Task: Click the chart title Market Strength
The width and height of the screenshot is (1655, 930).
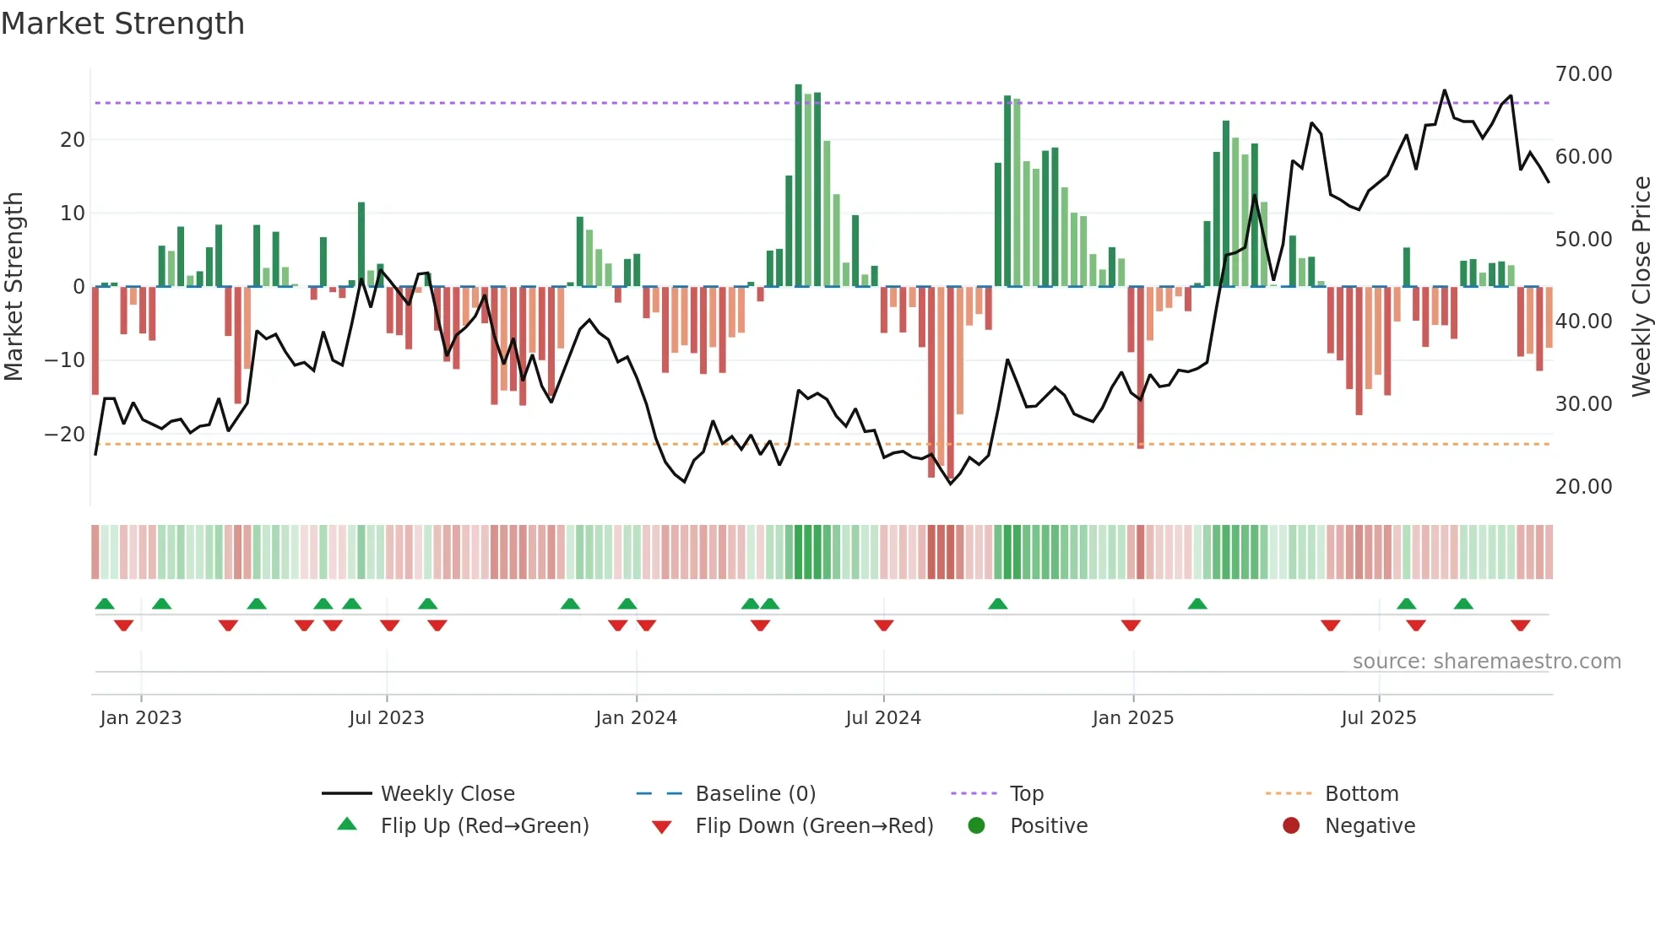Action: coord(122,24)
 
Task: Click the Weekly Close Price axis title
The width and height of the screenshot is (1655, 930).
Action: coord(1641,287)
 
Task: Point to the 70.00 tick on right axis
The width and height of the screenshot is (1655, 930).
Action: coord(1583,74)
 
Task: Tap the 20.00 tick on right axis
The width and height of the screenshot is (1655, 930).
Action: coord(1583,487)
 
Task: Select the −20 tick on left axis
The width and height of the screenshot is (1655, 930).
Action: coord(64,435)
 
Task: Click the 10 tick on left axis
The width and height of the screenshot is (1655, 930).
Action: coord(73,214)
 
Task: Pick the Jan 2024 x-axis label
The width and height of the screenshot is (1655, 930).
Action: coord(636,718)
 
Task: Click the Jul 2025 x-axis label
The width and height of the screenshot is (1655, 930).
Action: coord(1378,718)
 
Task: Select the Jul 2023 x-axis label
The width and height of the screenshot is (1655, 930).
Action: coord(386,718)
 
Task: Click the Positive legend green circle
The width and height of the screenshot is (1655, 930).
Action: coord(976,826)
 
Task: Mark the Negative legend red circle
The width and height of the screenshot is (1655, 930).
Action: coord(1291,826)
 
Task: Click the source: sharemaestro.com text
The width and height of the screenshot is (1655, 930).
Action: coord(1486,662)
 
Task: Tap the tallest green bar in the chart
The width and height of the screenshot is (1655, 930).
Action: coord(798,186)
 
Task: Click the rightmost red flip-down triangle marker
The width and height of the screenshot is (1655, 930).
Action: coord(1520,625)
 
